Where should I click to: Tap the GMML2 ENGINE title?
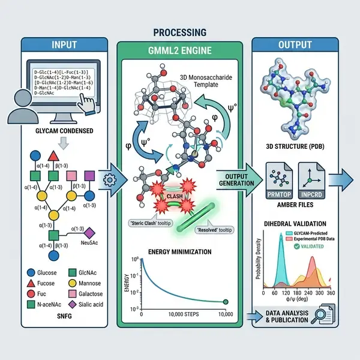pyautogui.click(x=179, y=50)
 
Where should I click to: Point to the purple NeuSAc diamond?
pyautogui.click(x=90, y=232)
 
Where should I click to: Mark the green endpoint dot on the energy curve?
pyautogui.click(x=225, y=302)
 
